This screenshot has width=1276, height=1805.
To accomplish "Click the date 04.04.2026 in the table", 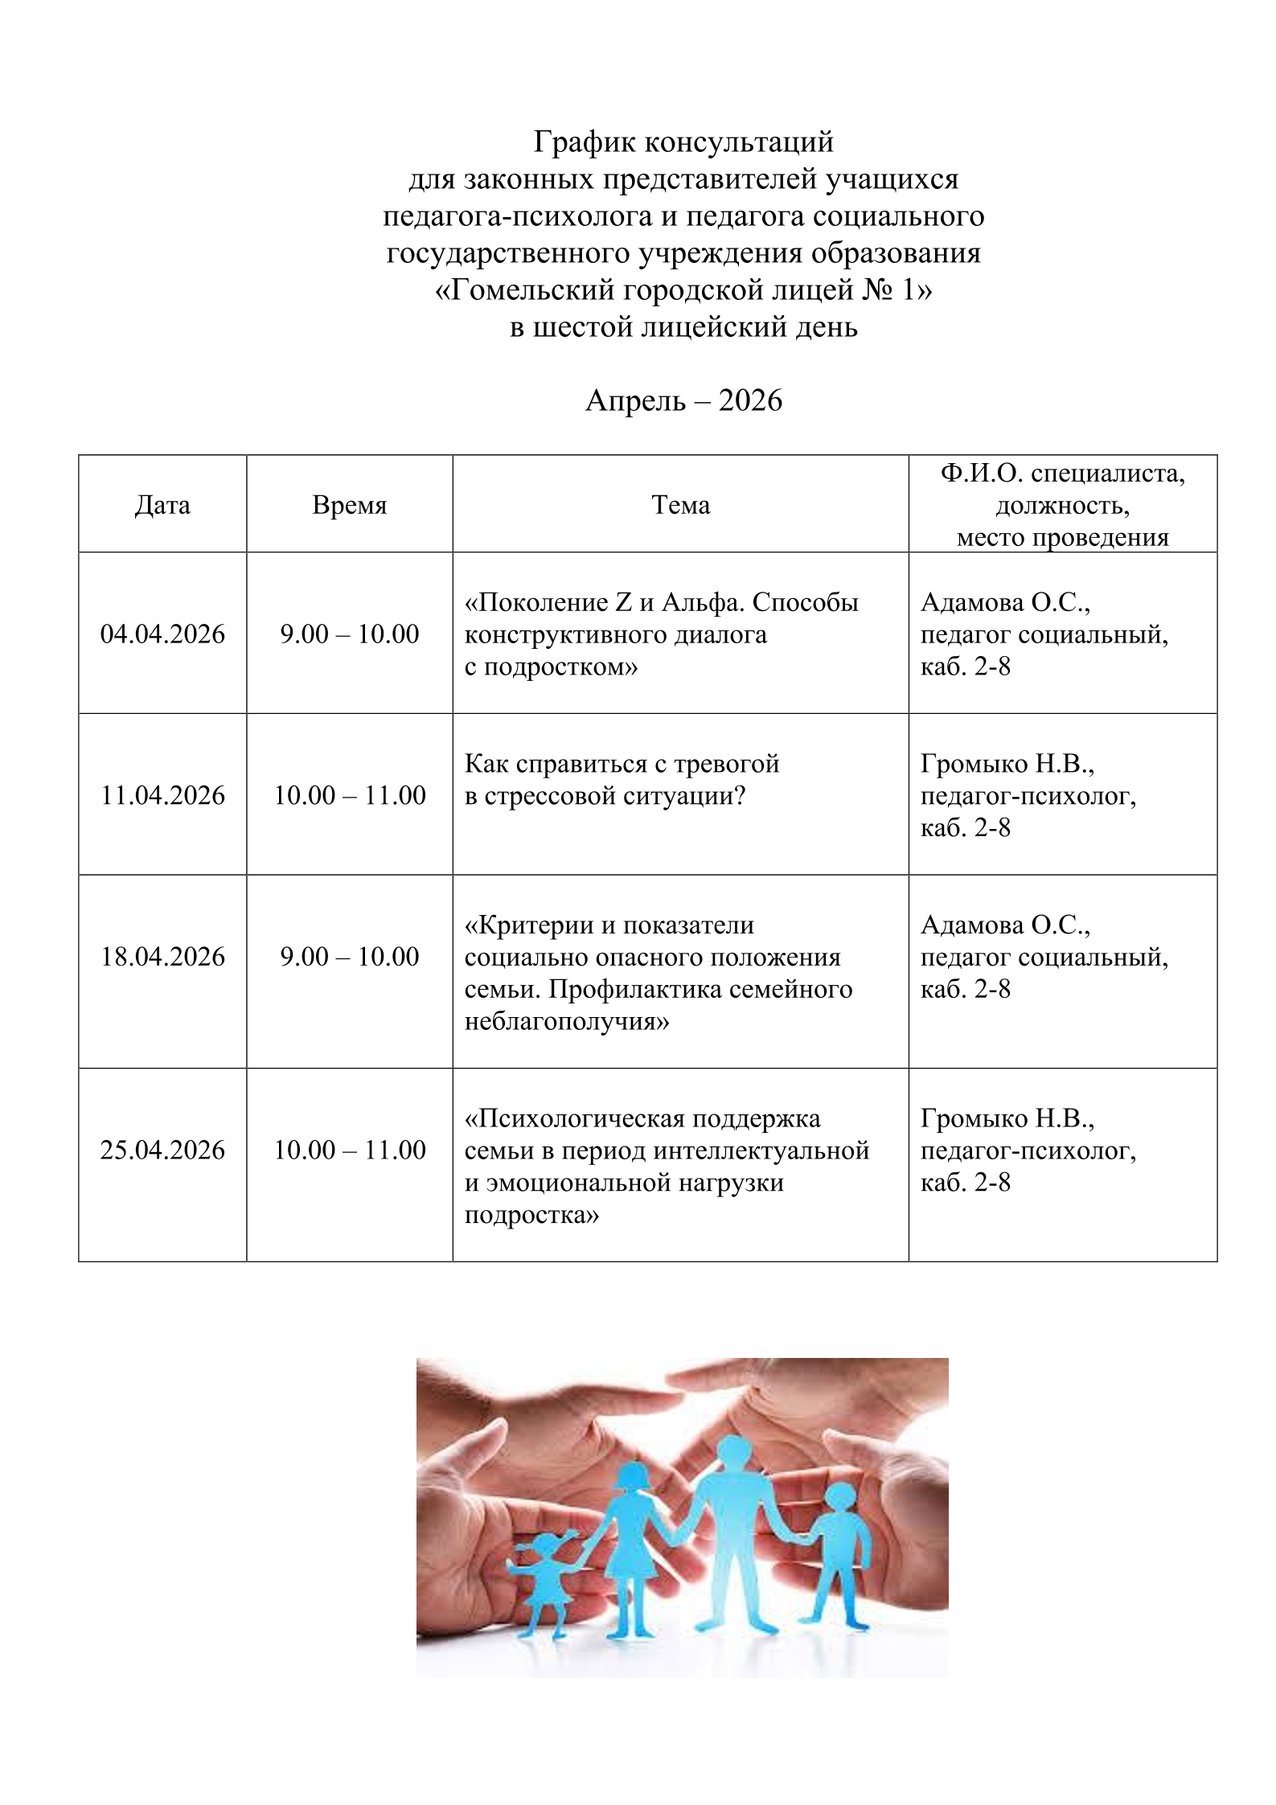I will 162,634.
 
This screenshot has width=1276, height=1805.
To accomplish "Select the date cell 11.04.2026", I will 162,795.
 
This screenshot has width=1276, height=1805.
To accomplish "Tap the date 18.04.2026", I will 162,956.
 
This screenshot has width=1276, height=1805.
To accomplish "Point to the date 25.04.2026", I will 162,1150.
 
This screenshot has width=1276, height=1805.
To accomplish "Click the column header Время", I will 349,505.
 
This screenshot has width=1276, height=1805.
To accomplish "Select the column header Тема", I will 680,505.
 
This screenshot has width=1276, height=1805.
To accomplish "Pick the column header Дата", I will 162,505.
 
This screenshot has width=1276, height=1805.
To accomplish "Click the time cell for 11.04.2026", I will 349,795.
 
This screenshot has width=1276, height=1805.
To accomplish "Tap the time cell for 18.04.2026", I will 349,956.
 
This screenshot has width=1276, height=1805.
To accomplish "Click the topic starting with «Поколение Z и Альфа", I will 661,602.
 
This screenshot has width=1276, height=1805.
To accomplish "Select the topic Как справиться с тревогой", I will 622,763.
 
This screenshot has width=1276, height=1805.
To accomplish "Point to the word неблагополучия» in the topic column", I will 567,1021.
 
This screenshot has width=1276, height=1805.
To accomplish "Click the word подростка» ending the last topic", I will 531,1214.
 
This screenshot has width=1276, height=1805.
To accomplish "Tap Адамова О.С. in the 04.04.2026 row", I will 1005,602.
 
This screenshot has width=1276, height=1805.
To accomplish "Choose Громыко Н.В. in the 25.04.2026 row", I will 1007,1118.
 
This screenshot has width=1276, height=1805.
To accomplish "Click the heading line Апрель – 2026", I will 683,400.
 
